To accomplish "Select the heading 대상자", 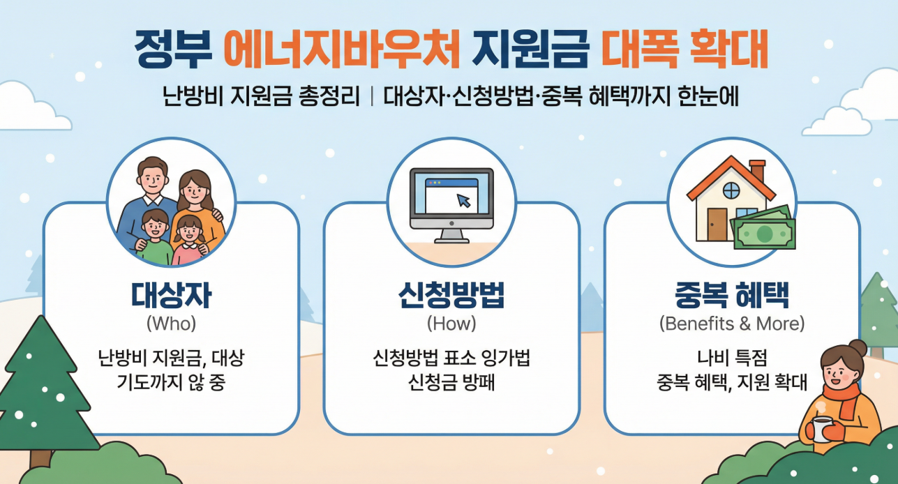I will (171, 296).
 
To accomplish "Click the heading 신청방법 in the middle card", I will (451, 296).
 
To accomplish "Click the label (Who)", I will (171, 324).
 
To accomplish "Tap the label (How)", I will (451, 324).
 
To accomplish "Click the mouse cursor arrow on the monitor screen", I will (463, 201).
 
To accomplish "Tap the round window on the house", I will (731, 189).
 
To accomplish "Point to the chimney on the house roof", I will (757, 171).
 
